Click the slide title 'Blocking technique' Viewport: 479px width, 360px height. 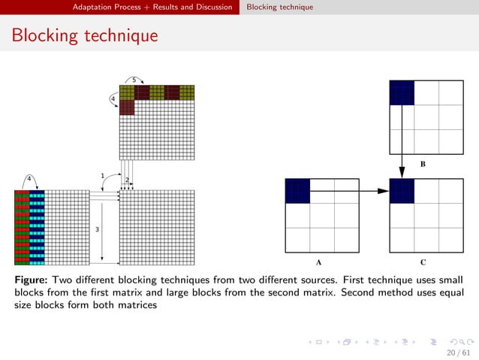click(x=84, y=35)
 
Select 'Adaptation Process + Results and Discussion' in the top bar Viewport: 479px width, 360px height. click(x=152, y=7)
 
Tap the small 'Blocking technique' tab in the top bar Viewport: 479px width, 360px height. click(x=280, y=7)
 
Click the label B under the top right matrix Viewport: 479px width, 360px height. click(x=423, y=162)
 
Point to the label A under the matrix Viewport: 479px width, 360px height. click(x=319, y=263)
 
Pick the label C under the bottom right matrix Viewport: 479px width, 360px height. click(x=423, y=263)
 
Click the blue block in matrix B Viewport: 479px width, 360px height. click(x=402, y=92)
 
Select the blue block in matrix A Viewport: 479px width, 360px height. click(x=297, y=191)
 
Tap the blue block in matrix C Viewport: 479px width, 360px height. click(x=402, y=191)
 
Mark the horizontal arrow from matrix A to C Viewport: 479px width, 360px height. click(x=349, y=191)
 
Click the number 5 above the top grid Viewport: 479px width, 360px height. click(x=134, y=80)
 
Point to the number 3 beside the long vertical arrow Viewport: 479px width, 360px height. click(x=97, y=228)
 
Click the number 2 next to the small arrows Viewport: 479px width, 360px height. click(x=127, y=180)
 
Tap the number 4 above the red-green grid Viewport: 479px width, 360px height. click(x=29, y=178)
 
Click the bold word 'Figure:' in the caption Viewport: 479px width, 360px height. click(x=31, y=280)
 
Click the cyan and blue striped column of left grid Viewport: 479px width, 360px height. click(x=37, y=228)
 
